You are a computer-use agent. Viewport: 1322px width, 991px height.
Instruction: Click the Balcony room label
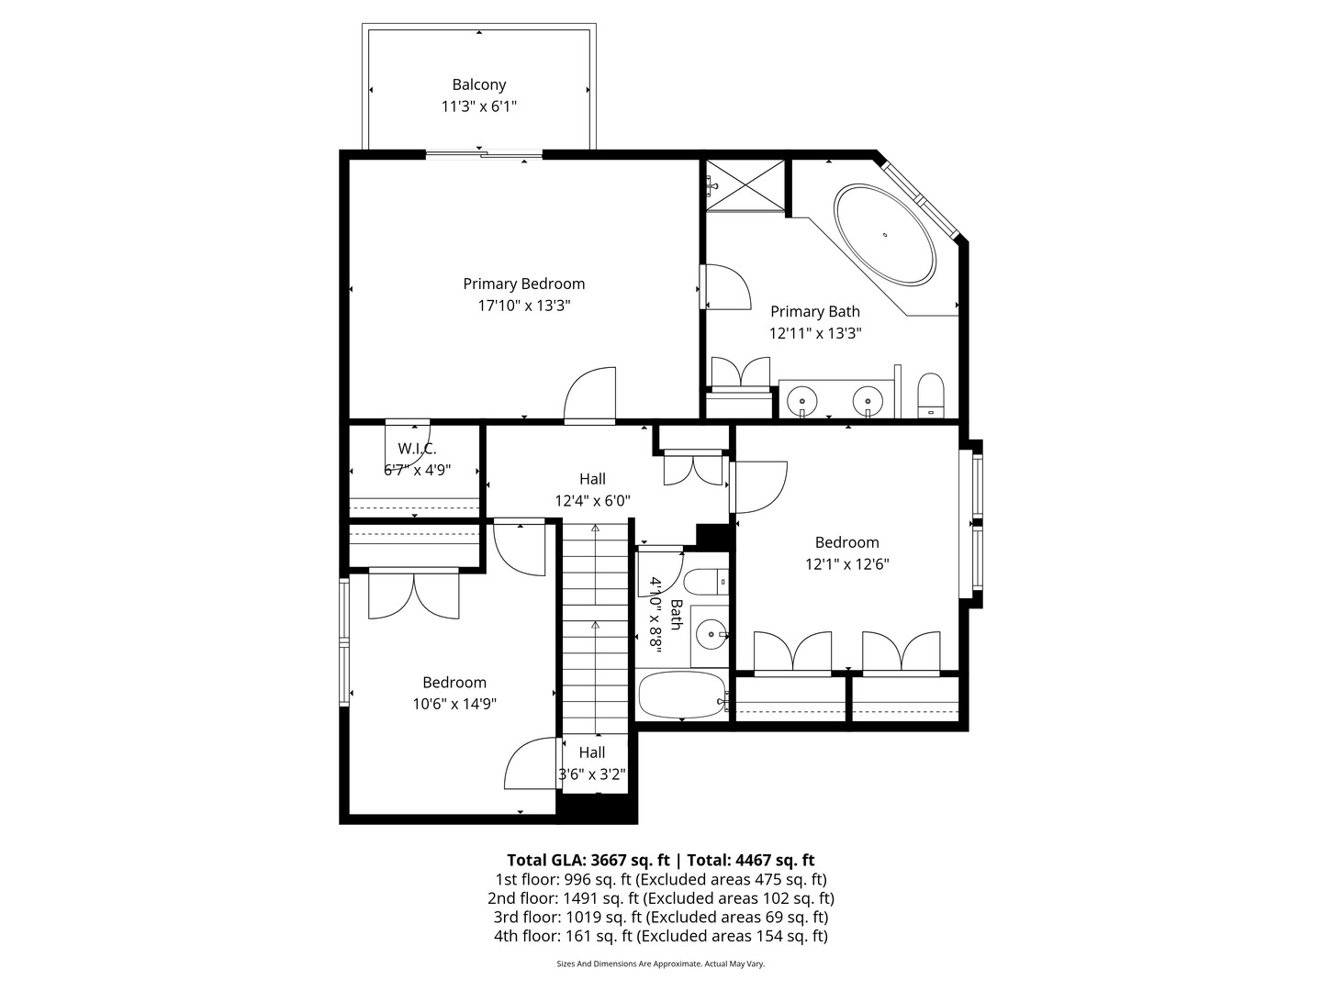click(x=478, y=84)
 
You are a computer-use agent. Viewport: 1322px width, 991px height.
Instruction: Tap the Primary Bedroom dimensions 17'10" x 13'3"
click(x=523, y=306)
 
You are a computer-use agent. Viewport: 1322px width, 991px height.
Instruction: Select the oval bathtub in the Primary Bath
click(x=885, y=235)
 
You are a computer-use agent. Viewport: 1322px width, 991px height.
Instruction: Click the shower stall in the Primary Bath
click(x=745, y=186)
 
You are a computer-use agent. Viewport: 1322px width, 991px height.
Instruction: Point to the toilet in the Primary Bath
click(x=931, y=395)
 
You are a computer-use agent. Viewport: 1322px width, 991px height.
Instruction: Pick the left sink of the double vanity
click(x=803, y=401)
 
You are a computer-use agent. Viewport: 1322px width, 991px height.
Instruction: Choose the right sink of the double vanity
click(x=868, y=401)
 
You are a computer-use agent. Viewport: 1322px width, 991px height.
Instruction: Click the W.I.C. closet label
click(x=417, y=449)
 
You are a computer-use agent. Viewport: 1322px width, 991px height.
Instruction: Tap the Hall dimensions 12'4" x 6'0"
click(x=592, y=501)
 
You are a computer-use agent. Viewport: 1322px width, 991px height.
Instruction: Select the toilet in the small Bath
click(x=707, y=583)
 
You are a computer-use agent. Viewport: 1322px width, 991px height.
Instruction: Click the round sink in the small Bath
click(x=710, y=633)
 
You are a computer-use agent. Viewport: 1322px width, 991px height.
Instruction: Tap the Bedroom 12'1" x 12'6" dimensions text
click(x=846, y=565)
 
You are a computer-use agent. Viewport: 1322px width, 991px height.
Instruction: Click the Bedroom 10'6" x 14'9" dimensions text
click(x=454, y=705)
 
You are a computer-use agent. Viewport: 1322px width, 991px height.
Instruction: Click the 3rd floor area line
click(x=660, y=917)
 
